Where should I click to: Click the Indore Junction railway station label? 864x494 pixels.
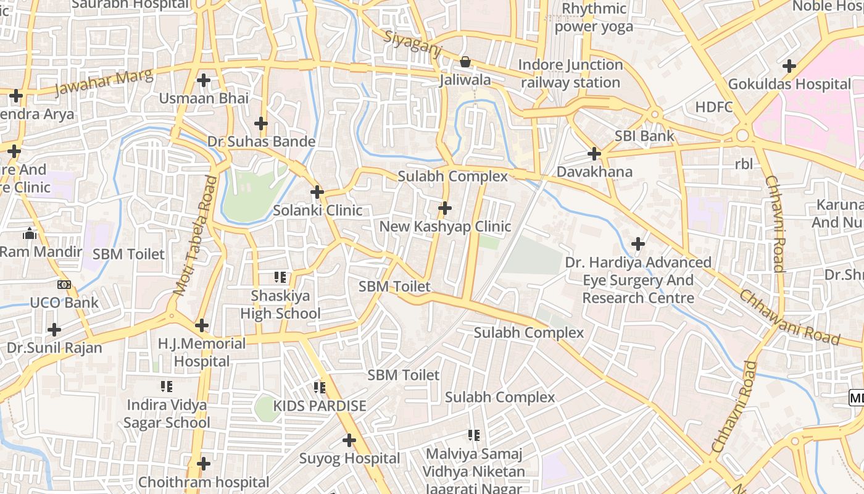pyautogui.click(x=570, y=73)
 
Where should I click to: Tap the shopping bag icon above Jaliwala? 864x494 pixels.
pyautogui.click(x=465, y=62)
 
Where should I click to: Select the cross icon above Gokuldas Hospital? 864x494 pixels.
pyautogui.click(x=789, y=66)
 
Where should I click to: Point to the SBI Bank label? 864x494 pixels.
pyautogui.click(x=644, y=136)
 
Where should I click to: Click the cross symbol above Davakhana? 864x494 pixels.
pyautogui.click(x=594, y=153)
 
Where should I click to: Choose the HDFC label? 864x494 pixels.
pyautogui.click(x=714, y=107)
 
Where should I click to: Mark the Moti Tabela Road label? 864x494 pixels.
pyautogui.click(x=196, y=235)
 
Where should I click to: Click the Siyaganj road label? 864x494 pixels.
pyautogui.click(x=412, y=44)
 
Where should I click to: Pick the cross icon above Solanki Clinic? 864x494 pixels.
pyautogui.click(x=317, y=192)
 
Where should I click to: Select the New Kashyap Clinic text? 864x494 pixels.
pyautogui.click(x=445, y=227)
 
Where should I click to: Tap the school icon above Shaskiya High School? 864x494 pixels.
pyautogui.click(x=280, y=278)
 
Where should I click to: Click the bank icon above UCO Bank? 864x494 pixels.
pyautogui.click(x=64, y=285)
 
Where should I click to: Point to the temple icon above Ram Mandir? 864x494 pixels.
pyautogui.click(x=29, y=233)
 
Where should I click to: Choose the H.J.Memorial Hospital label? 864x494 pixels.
pyautogui.click(x=201, y=352)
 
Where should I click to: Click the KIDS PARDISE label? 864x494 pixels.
pyautogui.click(x=320, y=406)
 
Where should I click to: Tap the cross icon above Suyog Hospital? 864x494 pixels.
pyautogui.click(x=349, y=440)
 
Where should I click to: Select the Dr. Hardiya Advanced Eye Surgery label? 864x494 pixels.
pyautogui.click(x=638, y=280)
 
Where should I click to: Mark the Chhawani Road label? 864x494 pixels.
pyautogui.click(x=789, y=317)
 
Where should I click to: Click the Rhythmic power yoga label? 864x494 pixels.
pyautogui.click(x=594, y=18)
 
